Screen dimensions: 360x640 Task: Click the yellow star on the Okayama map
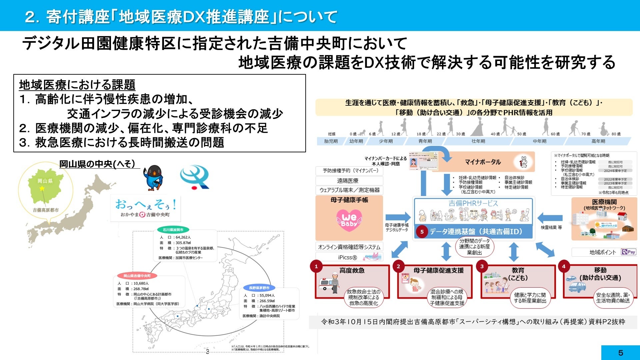pos(42,189)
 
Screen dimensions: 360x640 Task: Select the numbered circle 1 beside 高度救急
pos(316,266)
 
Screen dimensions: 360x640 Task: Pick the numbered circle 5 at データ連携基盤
pos(422,232)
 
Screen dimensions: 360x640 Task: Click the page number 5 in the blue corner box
pos(620,353)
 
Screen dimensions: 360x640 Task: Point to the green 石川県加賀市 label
pos(173,230)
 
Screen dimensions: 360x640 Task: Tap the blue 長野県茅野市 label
pos(259,288)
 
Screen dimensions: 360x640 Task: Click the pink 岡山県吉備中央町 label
pos(137,276)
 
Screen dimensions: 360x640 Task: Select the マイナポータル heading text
pos(483,162)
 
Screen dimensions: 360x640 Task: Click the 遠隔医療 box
pos(348,181)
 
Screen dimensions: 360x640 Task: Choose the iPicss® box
pos(348,257)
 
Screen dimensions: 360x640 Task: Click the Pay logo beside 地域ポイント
pos(629,252)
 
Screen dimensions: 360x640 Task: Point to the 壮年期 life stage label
pos(478,141)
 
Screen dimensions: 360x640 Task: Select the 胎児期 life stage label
pos(331,141)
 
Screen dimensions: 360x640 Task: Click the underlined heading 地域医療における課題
pos(77,85)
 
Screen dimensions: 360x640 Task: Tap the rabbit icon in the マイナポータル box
pos(524,162)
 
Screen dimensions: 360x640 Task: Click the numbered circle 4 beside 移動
pos(564,266)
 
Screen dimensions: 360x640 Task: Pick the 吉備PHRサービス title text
pos(473,203)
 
